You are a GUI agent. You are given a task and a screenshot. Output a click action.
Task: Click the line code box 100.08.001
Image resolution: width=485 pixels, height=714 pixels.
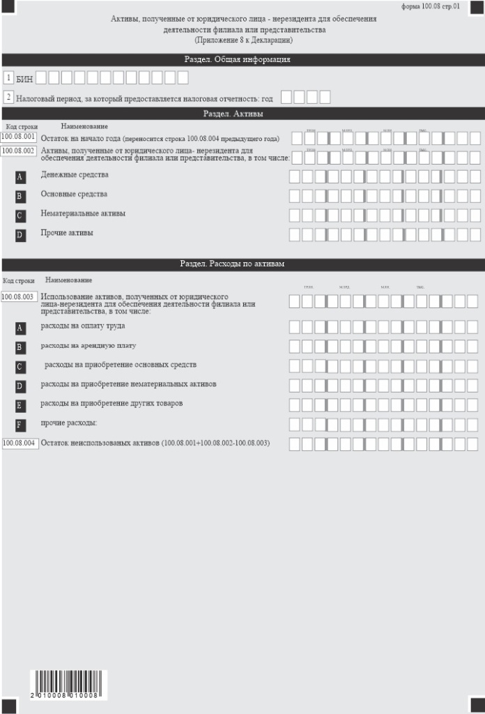[19, 137]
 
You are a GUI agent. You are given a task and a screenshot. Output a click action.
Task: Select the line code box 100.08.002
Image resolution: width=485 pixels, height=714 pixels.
[19, 151]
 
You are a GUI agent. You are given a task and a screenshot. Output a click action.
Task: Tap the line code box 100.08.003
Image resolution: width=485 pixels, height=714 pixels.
[19, 297]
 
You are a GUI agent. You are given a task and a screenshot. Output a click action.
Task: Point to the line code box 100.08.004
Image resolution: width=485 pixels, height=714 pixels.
[20, 443]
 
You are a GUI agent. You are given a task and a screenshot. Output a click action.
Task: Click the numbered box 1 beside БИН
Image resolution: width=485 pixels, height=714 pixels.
[8, 78]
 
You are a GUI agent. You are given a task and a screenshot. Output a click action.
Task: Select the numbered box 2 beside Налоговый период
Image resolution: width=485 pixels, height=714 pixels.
[8, 97]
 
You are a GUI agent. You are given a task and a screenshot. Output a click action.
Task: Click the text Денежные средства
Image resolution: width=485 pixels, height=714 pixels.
[70, 174]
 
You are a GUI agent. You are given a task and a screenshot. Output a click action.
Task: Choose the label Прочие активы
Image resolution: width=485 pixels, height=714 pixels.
[67, 232]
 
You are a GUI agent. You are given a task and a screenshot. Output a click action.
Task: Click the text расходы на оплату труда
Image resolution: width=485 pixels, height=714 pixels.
[82, 326]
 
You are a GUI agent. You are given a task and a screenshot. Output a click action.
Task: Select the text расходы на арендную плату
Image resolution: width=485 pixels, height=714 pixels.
[88, 345]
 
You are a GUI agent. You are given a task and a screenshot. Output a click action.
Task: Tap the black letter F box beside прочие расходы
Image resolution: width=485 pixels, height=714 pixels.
[20, 425]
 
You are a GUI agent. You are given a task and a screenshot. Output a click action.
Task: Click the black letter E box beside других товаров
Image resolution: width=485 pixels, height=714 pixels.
[20, 405]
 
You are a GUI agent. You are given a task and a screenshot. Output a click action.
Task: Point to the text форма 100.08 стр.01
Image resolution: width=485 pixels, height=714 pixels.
[431, 6]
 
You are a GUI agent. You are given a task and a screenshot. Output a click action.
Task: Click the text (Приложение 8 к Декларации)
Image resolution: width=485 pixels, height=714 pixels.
[243, 41]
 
